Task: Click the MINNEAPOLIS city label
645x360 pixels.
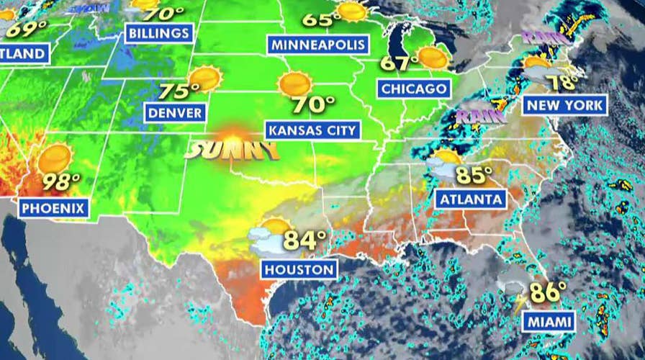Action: pos(319,45)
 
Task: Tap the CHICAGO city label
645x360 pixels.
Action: pos(414,89)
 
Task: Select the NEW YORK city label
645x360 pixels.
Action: pos(565,105)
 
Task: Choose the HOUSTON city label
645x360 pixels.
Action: pos(299,270)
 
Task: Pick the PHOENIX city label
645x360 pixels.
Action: pos(54,209)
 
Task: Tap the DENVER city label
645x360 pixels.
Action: pos(175,112)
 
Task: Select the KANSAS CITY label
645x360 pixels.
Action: pos(312,130)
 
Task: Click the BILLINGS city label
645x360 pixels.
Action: pos(159,33)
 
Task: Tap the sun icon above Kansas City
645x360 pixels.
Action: pos(294,85)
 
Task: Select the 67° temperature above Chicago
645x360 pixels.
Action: pos(399,64)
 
